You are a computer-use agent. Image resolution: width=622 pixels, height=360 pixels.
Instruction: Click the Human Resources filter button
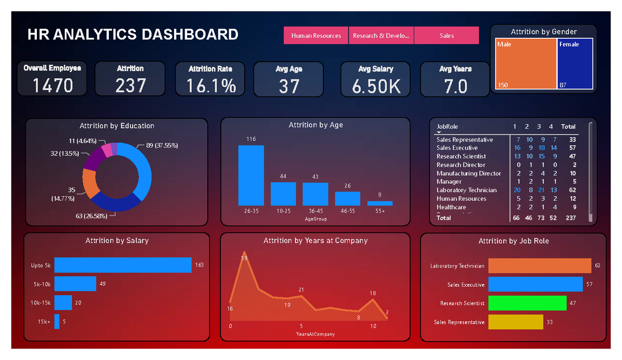[x=316, y=36]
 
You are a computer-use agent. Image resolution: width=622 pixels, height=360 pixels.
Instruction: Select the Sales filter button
[x=446, y=36]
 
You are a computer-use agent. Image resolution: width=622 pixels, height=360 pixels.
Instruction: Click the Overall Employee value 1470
[x=53, y=86]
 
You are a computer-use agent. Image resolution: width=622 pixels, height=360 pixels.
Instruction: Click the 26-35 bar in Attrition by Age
[x=251, y=175]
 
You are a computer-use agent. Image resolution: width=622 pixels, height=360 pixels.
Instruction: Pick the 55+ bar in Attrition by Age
[x=380, y=203]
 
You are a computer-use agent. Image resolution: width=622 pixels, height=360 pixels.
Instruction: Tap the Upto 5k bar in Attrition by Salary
[x=123, y=265]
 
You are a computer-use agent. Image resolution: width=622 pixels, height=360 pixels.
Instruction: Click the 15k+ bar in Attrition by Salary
[x=57, y=322]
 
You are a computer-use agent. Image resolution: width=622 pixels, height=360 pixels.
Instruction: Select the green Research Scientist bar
[x=528, y=303]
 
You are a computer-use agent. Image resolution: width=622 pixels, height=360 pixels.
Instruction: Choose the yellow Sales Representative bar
[x=516, y=322]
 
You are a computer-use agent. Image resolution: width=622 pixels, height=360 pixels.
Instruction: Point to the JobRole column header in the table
[x=447, y=127]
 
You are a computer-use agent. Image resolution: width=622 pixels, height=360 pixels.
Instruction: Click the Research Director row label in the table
[x=461, y=165]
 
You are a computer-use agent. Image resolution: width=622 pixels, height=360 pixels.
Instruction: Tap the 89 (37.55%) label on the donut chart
[x=162, y=146]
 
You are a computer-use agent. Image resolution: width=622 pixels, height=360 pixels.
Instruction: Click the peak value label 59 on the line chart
[x=244, y=258]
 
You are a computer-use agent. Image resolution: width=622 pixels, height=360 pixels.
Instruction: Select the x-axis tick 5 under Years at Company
[x=301, y=326]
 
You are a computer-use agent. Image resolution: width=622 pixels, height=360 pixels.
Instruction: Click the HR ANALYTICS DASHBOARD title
[x=133, y=35]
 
